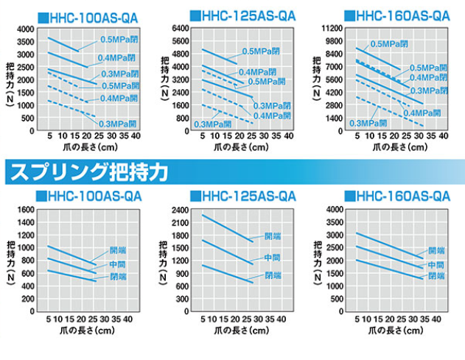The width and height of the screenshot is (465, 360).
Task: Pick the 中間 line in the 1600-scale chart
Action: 74,267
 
